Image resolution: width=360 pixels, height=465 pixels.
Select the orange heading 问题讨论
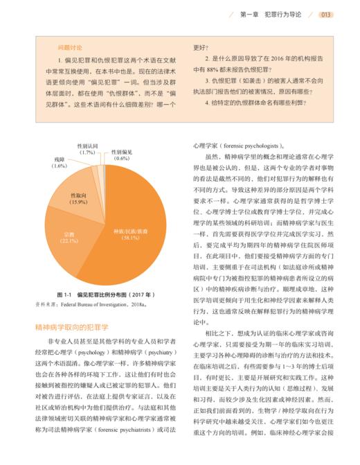[x=71, y=47]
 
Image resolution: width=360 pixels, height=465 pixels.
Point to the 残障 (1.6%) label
[x=60, y=163]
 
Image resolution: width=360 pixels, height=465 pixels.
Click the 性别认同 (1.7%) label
[x=88, y=148]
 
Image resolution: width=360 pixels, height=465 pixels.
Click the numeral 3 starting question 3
[x=207, y=82]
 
